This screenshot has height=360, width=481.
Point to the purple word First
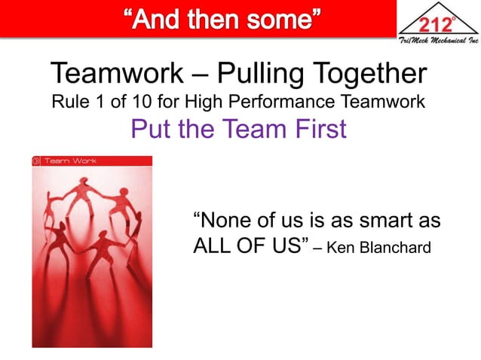tap(318, 130)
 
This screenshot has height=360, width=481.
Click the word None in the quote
tap(225, 222)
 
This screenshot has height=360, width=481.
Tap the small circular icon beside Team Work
tap(36, 160)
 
